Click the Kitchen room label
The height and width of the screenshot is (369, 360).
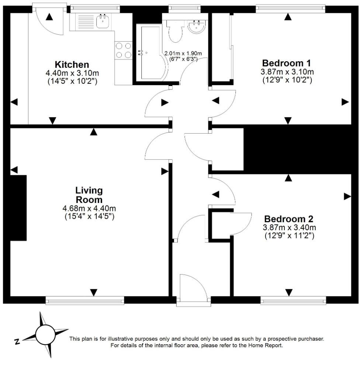tap(72, 65)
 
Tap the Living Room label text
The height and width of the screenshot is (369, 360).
tap(89, 195)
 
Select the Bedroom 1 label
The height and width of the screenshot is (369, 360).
tap(287, 62)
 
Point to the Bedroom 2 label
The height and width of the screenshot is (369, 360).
tap(289, 218)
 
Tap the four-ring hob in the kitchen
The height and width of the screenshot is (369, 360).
tap(124, 51)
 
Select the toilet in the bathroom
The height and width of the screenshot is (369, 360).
tap(175, 31)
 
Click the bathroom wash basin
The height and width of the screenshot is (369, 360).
tap(197, 26)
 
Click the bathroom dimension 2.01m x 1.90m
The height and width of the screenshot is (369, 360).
tap(183, 54)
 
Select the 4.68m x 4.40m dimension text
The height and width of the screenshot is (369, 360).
tap(89, 209)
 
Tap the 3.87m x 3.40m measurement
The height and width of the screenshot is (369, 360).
tap(289, 228)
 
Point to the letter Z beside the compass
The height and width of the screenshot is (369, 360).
tap(17, 342)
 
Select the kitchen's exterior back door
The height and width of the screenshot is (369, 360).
tap(50, 20)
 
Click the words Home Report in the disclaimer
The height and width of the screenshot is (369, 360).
tap(266, 346)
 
